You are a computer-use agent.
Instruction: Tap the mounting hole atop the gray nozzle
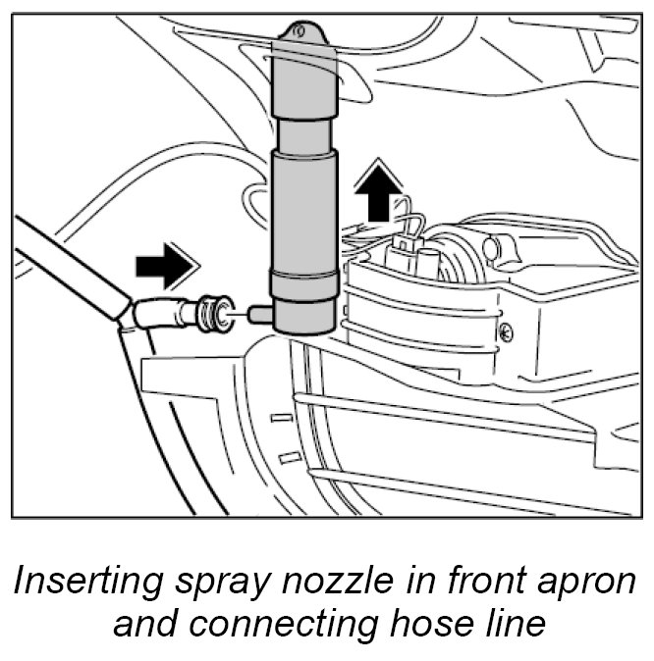click(x=302, y=35)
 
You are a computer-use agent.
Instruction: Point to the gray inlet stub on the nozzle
click(x=258, y=314)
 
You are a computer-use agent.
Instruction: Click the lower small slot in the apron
click(x=287, y=457)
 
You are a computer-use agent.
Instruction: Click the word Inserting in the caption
click(x=81, y=584)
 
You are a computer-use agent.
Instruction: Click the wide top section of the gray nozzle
click(x=304, y=82)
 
